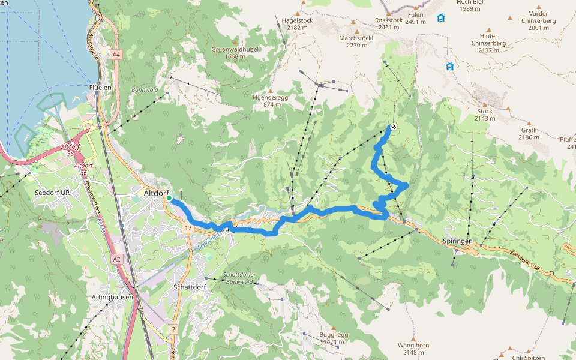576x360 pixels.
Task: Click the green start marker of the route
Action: (x=169, y=198)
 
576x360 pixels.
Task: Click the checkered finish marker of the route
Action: (x=393, y=127)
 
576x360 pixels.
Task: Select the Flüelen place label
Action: (x=100, y=87)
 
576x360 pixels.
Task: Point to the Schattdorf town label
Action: (x=190, y=287)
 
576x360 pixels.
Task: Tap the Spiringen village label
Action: (x=458, y=241)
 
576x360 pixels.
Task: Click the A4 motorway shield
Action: (x=116, y=55)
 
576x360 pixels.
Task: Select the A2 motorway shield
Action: (x=116, y=259)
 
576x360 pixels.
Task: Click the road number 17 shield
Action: (x=188, y=228)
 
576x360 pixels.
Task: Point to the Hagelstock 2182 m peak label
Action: (x=297, y=23)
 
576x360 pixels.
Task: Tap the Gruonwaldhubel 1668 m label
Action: (x=233, y=53)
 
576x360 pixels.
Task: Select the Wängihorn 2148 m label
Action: (x=413, y=349)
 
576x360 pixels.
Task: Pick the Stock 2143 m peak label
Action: (x=485, y=115)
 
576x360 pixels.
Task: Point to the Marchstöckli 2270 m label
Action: (x=357, y=41)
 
